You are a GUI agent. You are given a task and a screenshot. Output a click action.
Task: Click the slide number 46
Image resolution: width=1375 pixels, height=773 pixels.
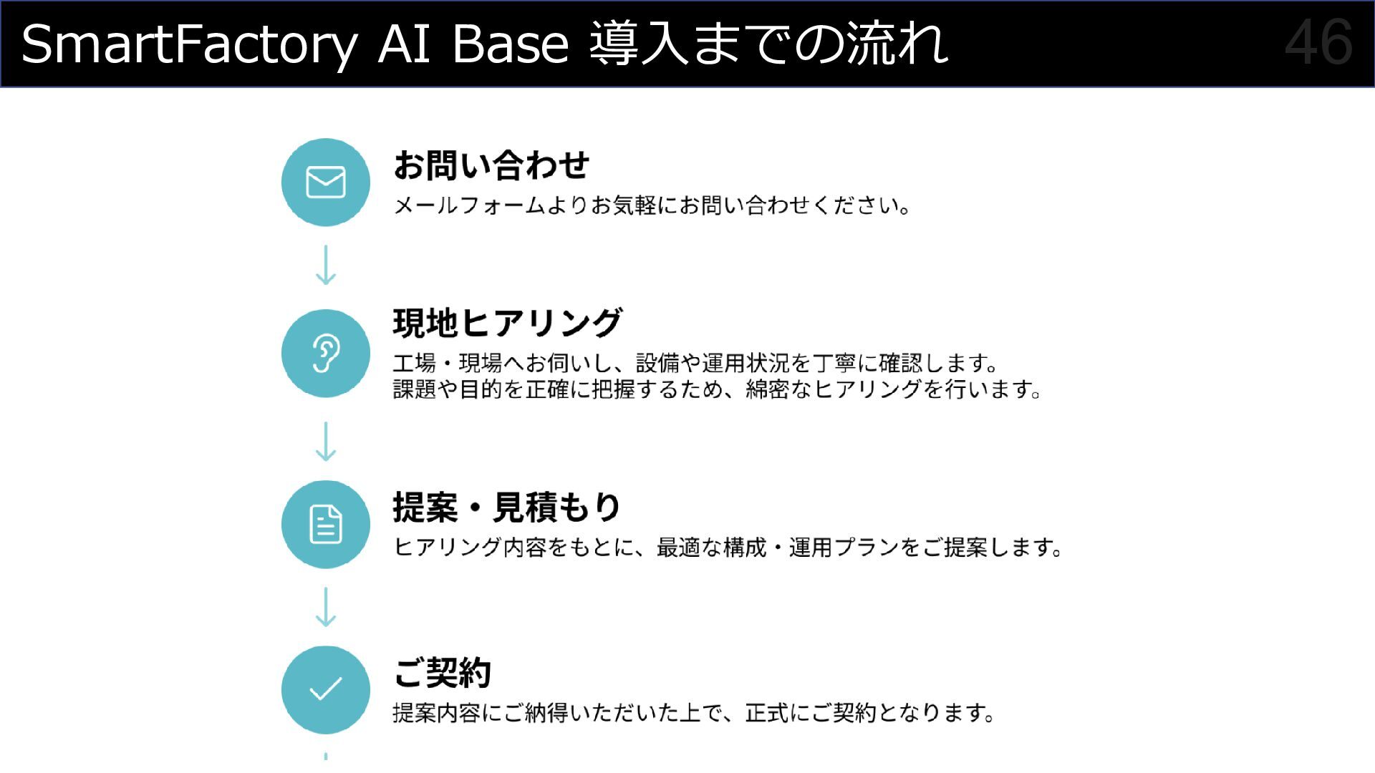[1318, 43]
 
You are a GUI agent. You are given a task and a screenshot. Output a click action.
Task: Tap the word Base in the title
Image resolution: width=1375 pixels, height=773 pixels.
[510, 44]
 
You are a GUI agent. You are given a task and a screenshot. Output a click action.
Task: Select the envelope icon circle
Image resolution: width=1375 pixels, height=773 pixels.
[326, 183]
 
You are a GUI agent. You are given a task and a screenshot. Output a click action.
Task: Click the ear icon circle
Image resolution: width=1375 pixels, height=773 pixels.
[326, 354]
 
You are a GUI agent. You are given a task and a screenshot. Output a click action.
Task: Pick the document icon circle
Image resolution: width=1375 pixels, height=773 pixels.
[326, 525]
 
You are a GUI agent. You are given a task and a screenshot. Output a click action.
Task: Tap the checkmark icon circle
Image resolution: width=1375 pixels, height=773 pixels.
[326, 690]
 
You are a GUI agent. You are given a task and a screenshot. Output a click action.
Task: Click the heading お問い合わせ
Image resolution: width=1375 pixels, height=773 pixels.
[491, 165]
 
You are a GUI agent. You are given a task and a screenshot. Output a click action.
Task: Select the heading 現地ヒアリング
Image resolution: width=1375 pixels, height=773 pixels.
[507, 323]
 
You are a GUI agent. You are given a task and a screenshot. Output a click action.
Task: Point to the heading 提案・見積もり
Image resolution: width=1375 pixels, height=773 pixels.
[506, 507]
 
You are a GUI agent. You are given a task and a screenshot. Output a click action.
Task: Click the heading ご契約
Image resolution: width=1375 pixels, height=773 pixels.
[442, 673]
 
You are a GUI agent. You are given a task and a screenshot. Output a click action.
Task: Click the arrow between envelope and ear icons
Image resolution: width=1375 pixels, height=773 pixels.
[326, 266]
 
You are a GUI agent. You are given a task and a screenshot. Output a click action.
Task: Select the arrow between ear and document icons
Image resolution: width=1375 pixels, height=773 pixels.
[326, 441]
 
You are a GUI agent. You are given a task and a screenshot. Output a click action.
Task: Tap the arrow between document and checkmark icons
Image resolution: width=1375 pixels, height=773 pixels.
[326, 607]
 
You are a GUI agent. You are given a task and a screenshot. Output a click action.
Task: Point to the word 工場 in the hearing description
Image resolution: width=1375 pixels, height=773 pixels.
[414, 364]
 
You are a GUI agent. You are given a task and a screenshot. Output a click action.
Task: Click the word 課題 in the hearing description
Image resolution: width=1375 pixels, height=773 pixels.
[414, 389]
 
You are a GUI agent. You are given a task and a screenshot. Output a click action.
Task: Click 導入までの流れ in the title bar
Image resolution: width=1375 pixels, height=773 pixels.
[768, 44]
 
